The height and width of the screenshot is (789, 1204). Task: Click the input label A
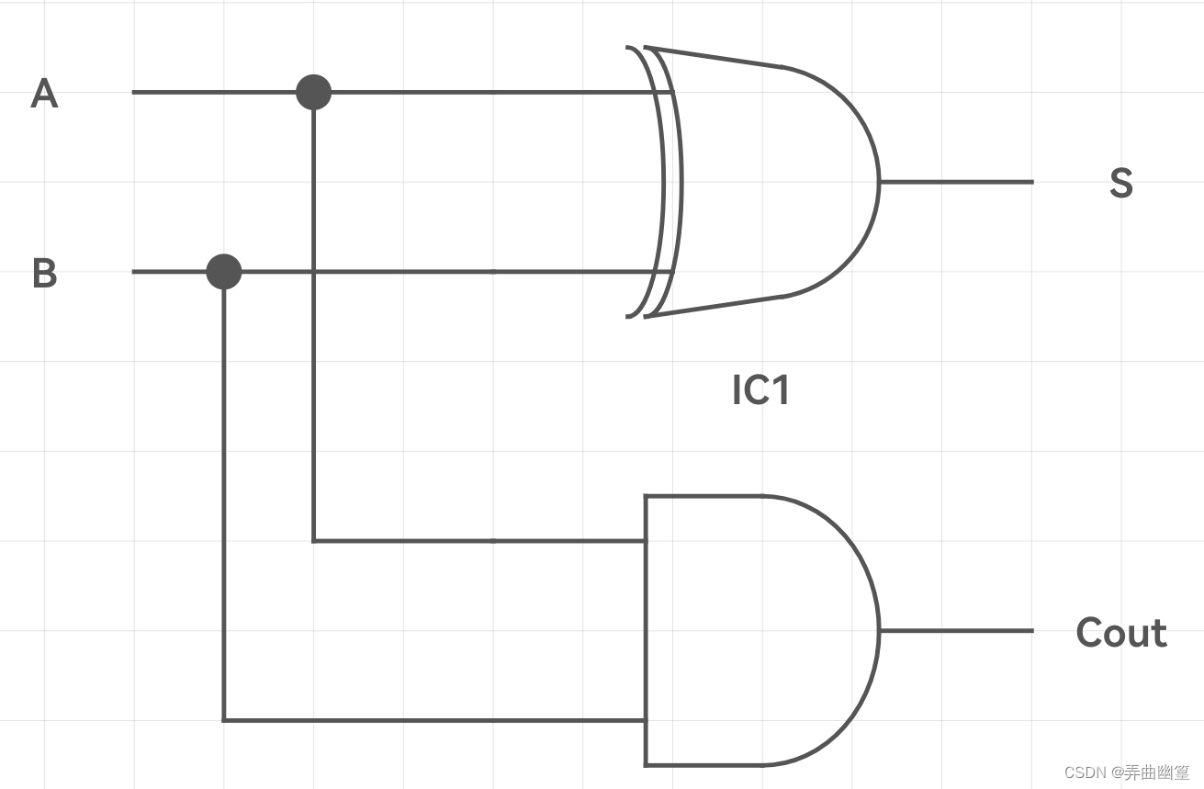tap(44, 94)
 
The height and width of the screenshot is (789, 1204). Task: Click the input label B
tap(44, 274)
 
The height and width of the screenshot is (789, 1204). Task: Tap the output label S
tap(1120, 183)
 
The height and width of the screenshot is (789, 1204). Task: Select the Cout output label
tap(1121, 633)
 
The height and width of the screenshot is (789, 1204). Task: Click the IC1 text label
tap(760, 390)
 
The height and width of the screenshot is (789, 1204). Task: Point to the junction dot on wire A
tap(314, 92)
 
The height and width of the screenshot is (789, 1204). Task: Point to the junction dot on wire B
tap(224, 272)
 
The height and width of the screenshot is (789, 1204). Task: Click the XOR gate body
tap(771, 182)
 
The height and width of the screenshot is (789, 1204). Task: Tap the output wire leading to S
tap(955, 182)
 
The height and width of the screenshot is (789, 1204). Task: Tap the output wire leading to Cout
tap(955, 631)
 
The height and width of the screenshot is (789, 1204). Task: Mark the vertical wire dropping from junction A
tap(314, 413)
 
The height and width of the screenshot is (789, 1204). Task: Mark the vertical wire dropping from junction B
tap(224, 505)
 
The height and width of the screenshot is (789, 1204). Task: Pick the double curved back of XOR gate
tap(663, 182)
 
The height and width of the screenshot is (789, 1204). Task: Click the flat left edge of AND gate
tap(646, 631)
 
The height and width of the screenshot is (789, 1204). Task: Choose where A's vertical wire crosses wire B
tap(314, 272)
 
